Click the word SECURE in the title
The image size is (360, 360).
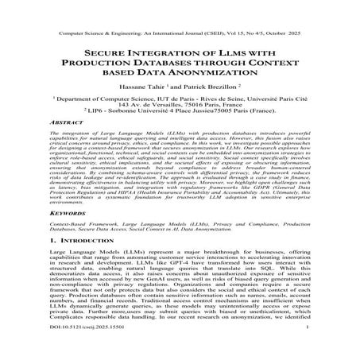(106, 49)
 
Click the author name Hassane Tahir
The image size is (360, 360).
(145, 91)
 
